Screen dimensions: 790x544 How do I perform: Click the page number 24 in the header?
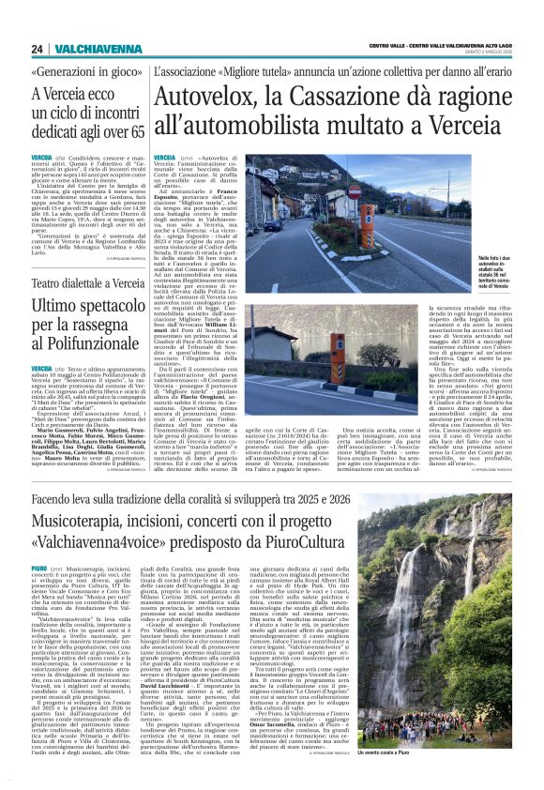[x=36, y=49]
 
